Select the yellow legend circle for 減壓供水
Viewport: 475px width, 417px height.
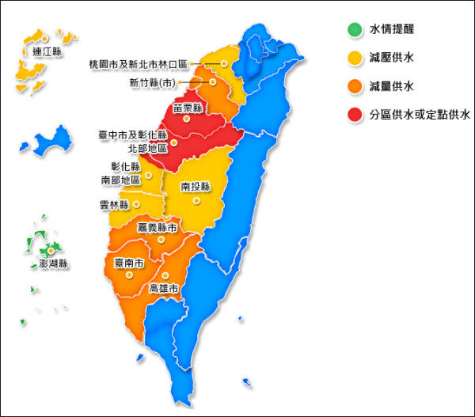[353, 58]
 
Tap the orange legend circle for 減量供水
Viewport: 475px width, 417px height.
[353, 85]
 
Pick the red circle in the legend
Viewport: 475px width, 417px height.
[353, 114]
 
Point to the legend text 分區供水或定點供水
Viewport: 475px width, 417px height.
[420, 114]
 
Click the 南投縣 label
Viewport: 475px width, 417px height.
[195, 188]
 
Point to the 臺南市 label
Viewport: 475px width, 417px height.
[128, 263]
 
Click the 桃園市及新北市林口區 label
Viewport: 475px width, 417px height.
[150, 63]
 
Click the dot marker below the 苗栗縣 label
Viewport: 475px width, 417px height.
[187, 119]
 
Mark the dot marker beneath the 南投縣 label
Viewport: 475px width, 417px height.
[195, 199]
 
